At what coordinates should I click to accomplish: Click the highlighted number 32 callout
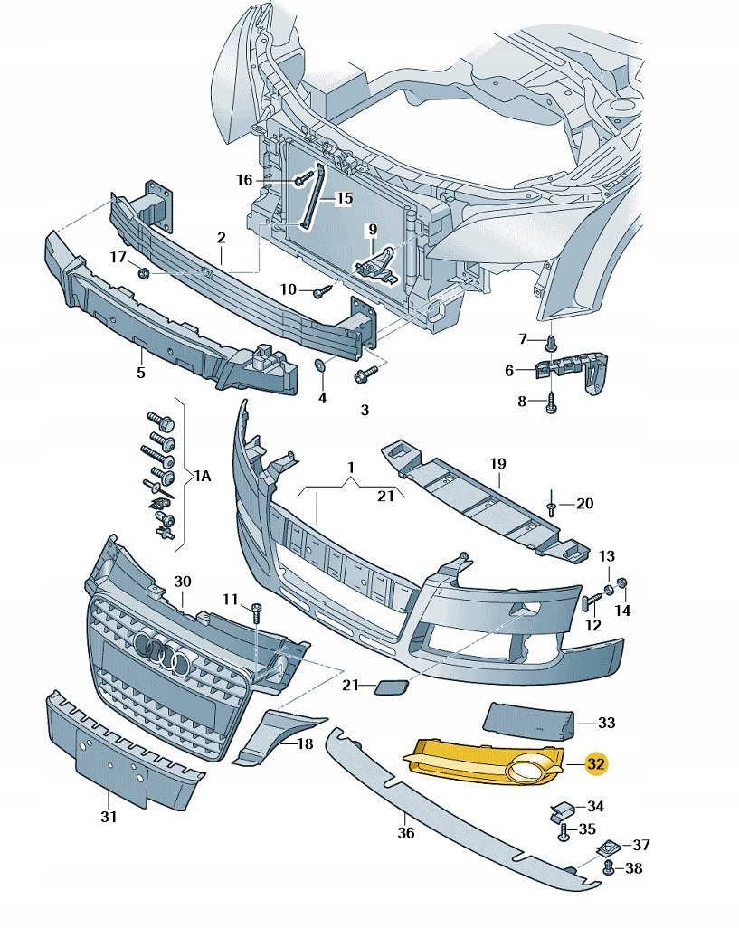(595, 764)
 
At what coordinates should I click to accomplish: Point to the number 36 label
(406, 832)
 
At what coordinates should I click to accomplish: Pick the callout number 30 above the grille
(183, 581)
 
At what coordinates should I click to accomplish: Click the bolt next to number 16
(301, 180)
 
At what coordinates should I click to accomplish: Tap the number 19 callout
(497, 466)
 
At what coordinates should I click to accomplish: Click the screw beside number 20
(551, 507)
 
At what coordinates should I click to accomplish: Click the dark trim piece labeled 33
(529, 720)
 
